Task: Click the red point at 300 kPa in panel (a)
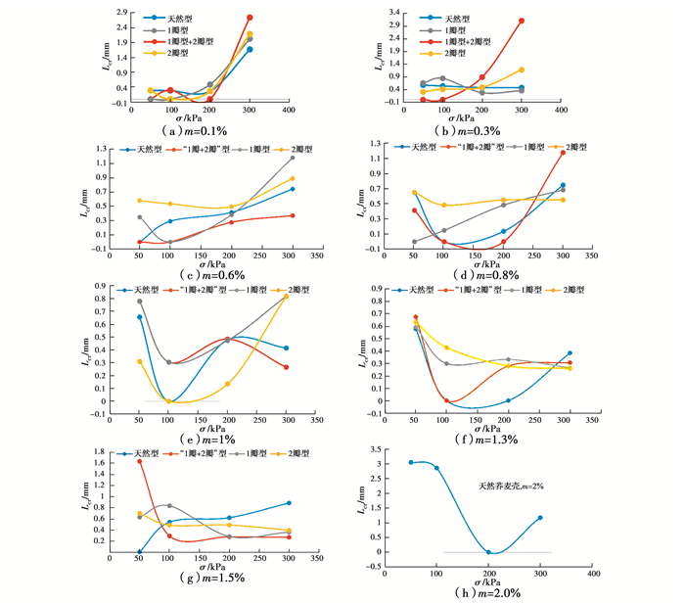coord(250,18)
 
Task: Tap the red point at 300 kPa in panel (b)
coord(522,21)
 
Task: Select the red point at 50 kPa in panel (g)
coord(139,462)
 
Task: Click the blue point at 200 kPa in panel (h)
coord(488,552)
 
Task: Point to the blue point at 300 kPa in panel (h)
coord(540,518)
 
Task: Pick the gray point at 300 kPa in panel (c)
coord(293,158)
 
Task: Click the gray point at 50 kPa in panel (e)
coord(140,301)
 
